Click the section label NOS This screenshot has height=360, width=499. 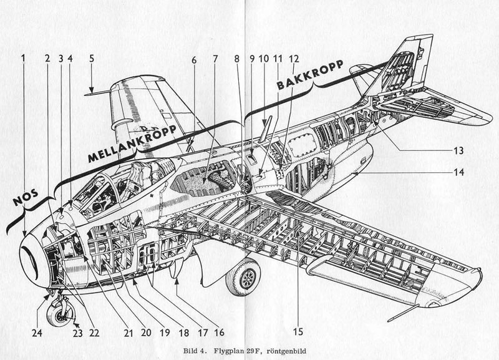(26, 198)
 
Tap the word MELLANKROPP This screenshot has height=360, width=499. (132, 144)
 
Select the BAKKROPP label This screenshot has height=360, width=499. (310, 74)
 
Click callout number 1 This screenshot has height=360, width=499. (23, 58)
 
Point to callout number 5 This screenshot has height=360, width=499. (92, 59)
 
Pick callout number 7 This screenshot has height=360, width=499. (215, 59)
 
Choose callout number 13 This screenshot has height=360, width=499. (458, 150)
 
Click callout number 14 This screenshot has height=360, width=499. (458, 173)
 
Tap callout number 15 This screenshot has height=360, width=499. (298, 332)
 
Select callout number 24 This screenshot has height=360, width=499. (37, 333)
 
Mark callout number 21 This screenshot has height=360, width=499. (128, 333)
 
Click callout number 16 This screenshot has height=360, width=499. (220, 333)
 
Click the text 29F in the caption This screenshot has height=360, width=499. (251, 351)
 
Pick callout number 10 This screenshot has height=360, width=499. (264, 59)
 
